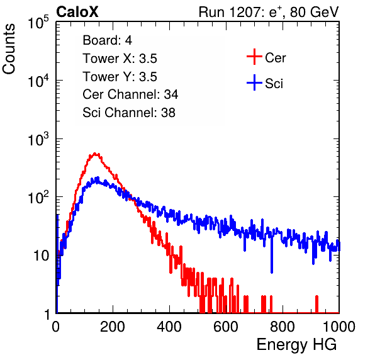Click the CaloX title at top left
pyautogui.click(x=77, y=12)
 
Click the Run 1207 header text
pyautogui.click(x=269, y=12)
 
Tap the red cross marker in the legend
pyautogui.click(x=254, y=57)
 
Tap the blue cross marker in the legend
pyautogui.click(x=254, y=82)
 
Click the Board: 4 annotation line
pyautogui.click(x=107, y=40)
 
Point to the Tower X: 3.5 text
pyautogui.click(x=120, y=59)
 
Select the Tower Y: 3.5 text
pyautogui.click(x=120, y=77)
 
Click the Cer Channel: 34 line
pyautogui.click(x=130, y=94)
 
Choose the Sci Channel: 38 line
pyautogui.click(x=129, y=113)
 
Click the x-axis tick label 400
pyautogui.click(x=169, y=327)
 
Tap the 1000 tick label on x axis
pyautogui.click(x=339, y=327)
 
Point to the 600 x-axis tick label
pyautogui.click(x=226, y=327)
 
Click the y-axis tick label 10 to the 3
pyautogui.click(x=38, y=138)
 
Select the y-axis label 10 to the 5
pyautogui.click(x=38, y=22)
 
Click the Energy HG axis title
pyautogui.click(x=296, y=345)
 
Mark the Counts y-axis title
pyautogui.click(x=9, y=49)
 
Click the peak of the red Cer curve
pyautogui.click(x=95, y=154)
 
